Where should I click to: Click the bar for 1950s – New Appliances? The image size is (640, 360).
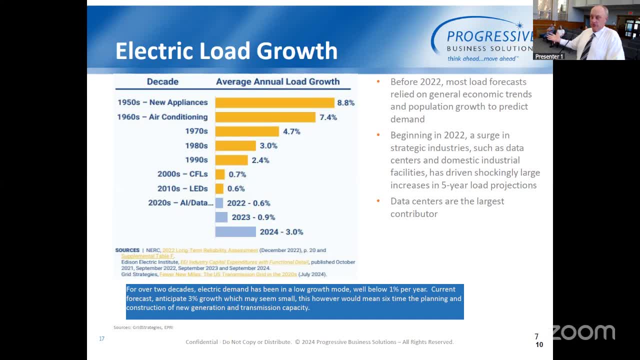coord(274,102)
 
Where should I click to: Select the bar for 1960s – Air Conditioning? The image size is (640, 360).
coord(265,117)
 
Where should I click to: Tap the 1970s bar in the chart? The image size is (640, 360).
coord(247,131)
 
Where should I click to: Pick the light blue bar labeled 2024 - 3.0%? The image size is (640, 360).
coord(235,231)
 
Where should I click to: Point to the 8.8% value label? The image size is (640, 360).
coord(345,102)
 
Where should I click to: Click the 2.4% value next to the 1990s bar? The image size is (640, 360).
coord(260,160)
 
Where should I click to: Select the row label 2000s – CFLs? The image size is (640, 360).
coord(182,174)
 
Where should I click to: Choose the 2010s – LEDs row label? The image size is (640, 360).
coord(182,188)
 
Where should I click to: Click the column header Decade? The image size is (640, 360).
coord(162,81)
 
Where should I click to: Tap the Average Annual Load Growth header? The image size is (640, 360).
coord(277,81)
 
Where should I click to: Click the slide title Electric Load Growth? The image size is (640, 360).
coord(226,50)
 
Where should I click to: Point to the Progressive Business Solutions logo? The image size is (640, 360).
coord(482,39)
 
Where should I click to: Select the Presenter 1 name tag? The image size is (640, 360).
coord(549,56)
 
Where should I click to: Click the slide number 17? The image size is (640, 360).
coord(101,338)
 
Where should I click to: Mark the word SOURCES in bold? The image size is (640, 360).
coord(127,250)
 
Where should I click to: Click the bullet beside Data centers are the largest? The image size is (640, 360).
coord(378,201)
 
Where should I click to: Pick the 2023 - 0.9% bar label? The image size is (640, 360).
coord(253,217)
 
